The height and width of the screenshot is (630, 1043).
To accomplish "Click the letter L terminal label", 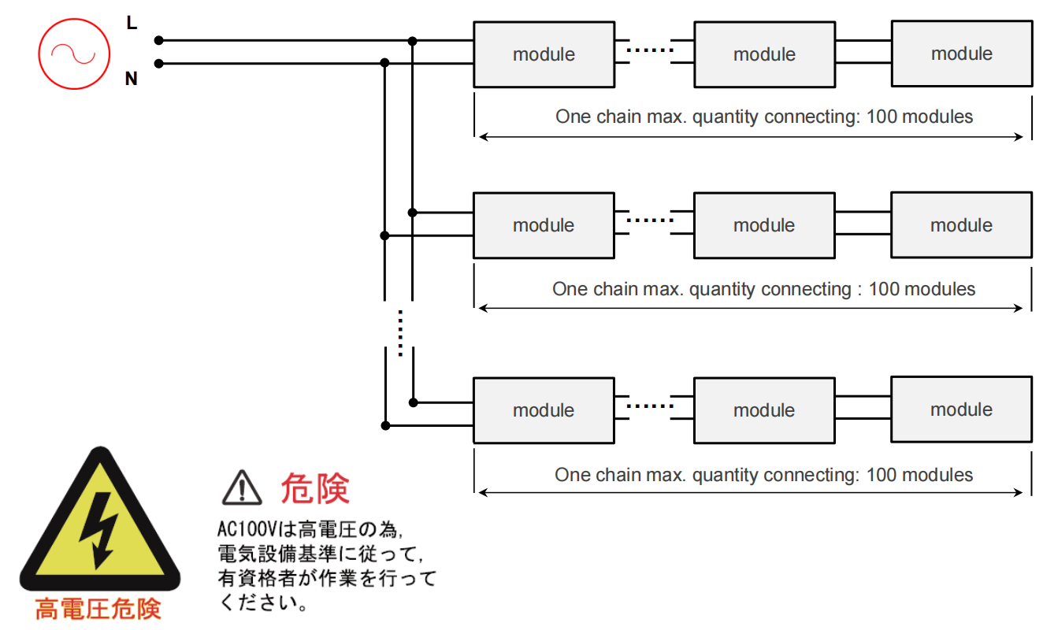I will tap(132, 24).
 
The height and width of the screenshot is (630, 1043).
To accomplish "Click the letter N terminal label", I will tap(132, 79).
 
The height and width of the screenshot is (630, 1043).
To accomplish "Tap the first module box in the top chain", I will tap(544, 54).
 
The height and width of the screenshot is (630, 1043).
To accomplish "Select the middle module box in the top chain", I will tap(764, 54).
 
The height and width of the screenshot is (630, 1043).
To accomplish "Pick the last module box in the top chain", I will tap(961, 54).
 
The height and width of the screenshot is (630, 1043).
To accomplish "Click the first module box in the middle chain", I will tap(544, 225).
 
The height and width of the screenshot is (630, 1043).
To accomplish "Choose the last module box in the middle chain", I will tap(961, 225).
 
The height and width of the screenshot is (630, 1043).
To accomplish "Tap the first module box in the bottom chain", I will tap(544, 410).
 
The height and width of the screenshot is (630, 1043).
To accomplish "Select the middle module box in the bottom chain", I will tap(764, 410).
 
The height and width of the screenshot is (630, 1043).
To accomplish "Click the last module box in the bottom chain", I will tap(961, 409).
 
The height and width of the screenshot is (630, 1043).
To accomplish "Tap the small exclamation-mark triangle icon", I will tap(242, 488).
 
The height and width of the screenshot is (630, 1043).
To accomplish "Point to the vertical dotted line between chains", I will tap(400, 332).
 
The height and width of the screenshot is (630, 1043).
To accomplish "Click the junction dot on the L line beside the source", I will tap(158, 40).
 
